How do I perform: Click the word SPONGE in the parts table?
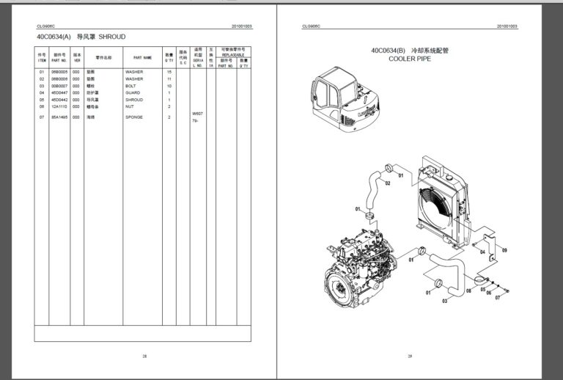[x=134, y=117]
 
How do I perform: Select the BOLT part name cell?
[x=130, y=86]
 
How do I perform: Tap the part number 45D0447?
[x=59, y=93]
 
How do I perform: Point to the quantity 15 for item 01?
[x=169, y=72]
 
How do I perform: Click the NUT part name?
[x=130, y=106]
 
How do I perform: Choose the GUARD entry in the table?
[x=133, y=93]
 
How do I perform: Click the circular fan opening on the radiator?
[x=437, y=205]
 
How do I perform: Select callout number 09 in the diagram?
[x=504, y=251]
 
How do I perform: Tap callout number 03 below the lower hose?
[x=445, y=300]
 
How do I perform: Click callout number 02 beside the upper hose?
[x=387, y=183]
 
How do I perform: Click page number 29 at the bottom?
[x=410, y=356]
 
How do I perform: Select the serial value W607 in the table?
[x=196, y=114]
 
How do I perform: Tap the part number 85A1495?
[x=59, y=117]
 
